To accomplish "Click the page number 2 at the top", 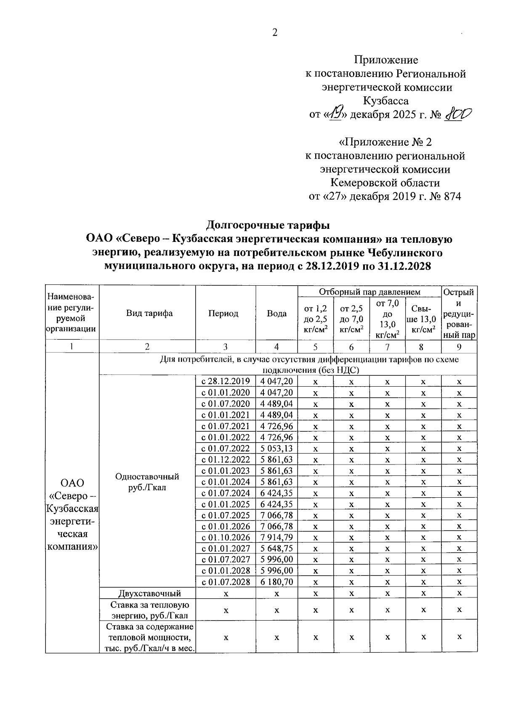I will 275,33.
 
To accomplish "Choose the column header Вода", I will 276,313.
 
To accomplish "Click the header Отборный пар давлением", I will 369,292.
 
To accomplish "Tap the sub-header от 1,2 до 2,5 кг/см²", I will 315,319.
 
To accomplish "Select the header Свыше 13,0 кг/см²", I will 423,319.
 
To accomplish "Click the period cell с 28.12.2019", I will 226,381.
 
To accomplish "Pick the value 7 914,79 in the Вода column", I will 276,537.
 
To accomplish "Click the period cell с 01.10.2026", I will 226,537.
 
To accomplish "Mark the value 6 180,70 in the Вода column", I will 276,582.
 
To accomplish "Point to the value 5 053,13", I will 276,448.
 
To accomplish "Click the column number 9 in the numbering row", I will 459,347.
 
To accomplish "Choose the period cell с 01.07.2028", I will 226,582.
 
